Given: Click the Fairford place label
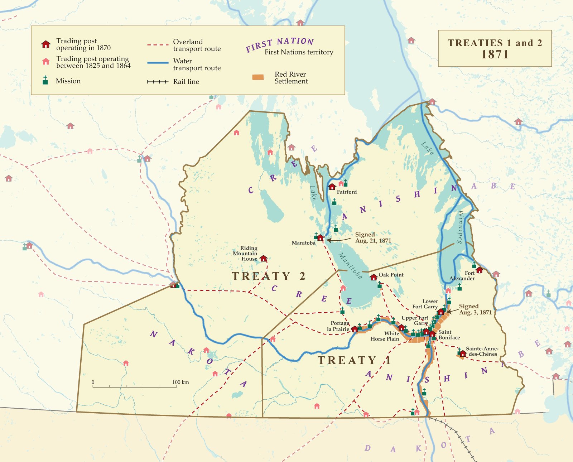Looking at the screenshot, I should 347,192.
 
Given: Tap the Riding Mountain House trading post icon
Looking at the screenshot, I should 264,258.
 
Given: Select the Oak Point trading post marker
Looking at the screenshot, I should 374,277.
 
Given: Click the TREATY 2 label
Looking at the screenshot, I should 268,276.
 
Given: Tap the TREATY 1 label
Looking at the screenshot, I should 354,360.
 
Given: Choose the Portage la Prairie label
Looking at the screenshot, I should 338,326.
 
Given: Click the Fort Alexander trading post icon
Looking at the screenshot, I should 479,270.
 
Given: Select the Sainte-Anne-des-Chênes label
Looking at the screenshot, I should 482,351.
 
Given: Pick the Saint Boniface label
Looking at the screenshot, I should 449,335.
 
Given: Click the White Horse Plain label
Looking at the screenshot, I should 385,336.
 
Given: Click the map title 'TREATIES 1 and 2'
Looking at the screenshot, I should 495,43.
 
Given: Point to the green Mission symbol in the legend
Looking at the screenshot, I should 45,80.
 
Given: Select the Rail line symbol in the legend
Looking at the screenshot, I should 158,82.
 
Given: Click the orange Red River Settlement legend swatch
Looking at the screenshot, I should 258,77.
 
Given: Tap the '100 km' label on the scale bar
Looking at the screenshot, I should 180,382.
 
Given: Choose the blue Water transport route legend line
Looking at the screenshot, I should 158,63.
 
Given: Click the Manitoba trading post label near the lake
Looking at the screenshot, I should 303,243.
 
